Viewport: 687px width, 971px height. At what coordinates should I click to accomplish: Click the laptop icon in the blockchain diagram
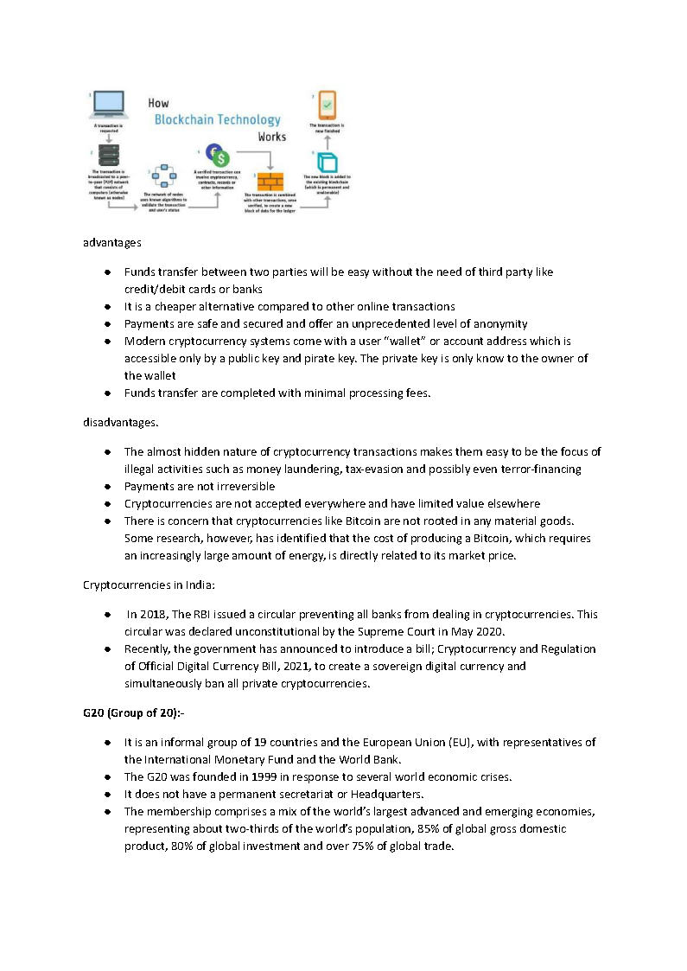(107, 105)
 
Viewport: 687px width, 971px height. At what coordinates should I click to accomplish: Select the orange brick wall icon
(270, 182)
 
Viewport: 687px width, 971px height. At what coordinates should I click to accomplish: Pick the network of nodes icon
(163, 178)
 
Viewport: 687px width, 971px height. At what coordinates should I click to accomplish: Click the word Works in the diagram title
(271, 137)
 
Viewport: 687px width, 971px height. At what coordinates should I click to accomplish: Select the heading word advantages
(112, 243)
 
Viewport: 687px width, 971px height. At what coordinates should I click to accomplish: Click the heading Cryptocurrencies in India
(149, 585)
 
